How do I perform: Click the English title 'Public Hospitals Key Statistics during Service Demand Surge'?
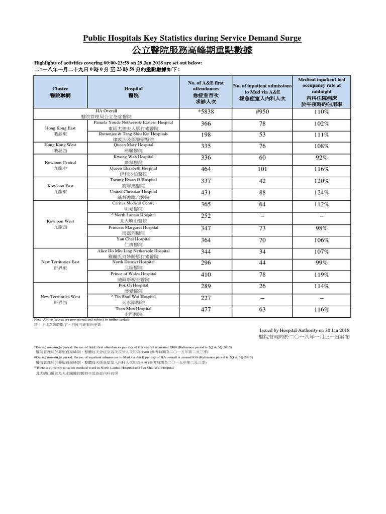(192, 38)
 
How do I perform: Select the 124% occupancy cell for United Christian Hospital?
(321, 193)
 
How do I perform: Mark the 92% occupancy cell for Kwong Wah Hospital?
(321, 158)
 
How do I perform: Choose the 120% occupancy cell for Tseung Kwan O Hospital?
(321, 181)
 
